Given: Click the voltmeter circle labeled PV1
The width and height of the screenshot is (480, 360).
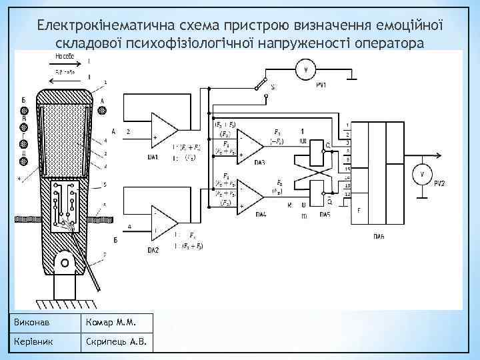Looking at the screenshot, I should (306, 69).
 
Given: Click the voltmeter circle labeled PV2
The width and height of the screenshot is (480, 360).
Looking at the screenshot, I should (421, 174).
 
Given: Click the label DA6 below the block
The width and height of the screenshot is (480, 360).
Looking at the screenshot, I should (378, 236).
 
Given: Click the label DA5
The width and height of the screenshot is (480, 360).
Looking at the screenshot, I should (325, 214).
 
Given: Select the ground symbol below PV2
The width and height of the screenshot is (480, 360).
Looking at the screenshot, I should (421, 197).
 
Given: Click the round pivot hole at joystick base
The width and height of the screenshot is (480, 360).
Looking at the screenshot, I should (65, 263).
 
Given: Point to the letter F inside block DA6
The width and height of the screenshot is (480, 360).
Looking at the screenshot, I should (359, 211).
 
